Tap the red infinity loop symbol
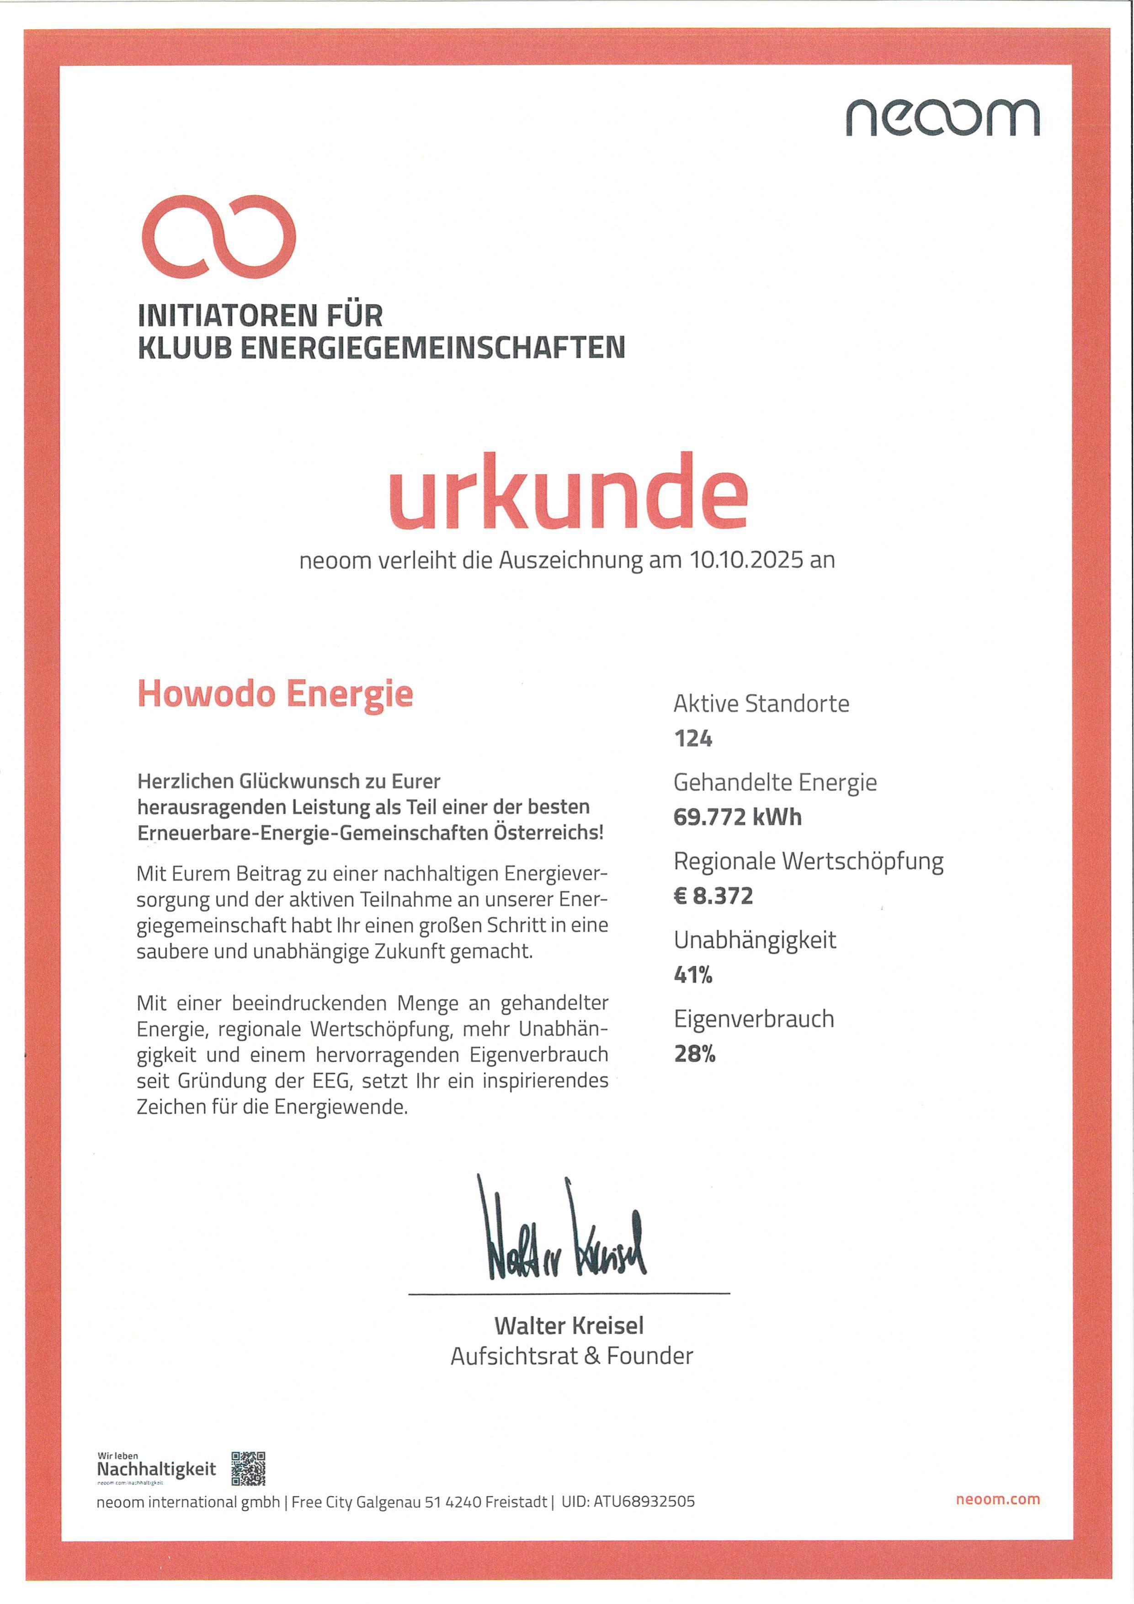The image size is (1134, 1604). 218,236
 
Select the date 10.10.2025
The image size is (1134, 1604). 746,560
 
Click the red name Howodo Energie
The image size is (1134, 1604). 275,694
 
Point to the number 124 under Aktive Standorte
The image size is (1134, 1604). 692,738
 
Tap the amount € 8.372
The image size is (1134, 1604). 713,896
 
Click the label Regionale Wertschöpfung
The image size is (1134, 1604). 808,861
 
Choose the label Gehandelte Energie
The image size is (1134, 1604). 774,782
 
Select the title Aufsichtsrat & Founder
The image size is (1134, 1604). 571,1356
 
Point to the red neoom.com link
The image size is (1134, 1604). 997,1499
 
